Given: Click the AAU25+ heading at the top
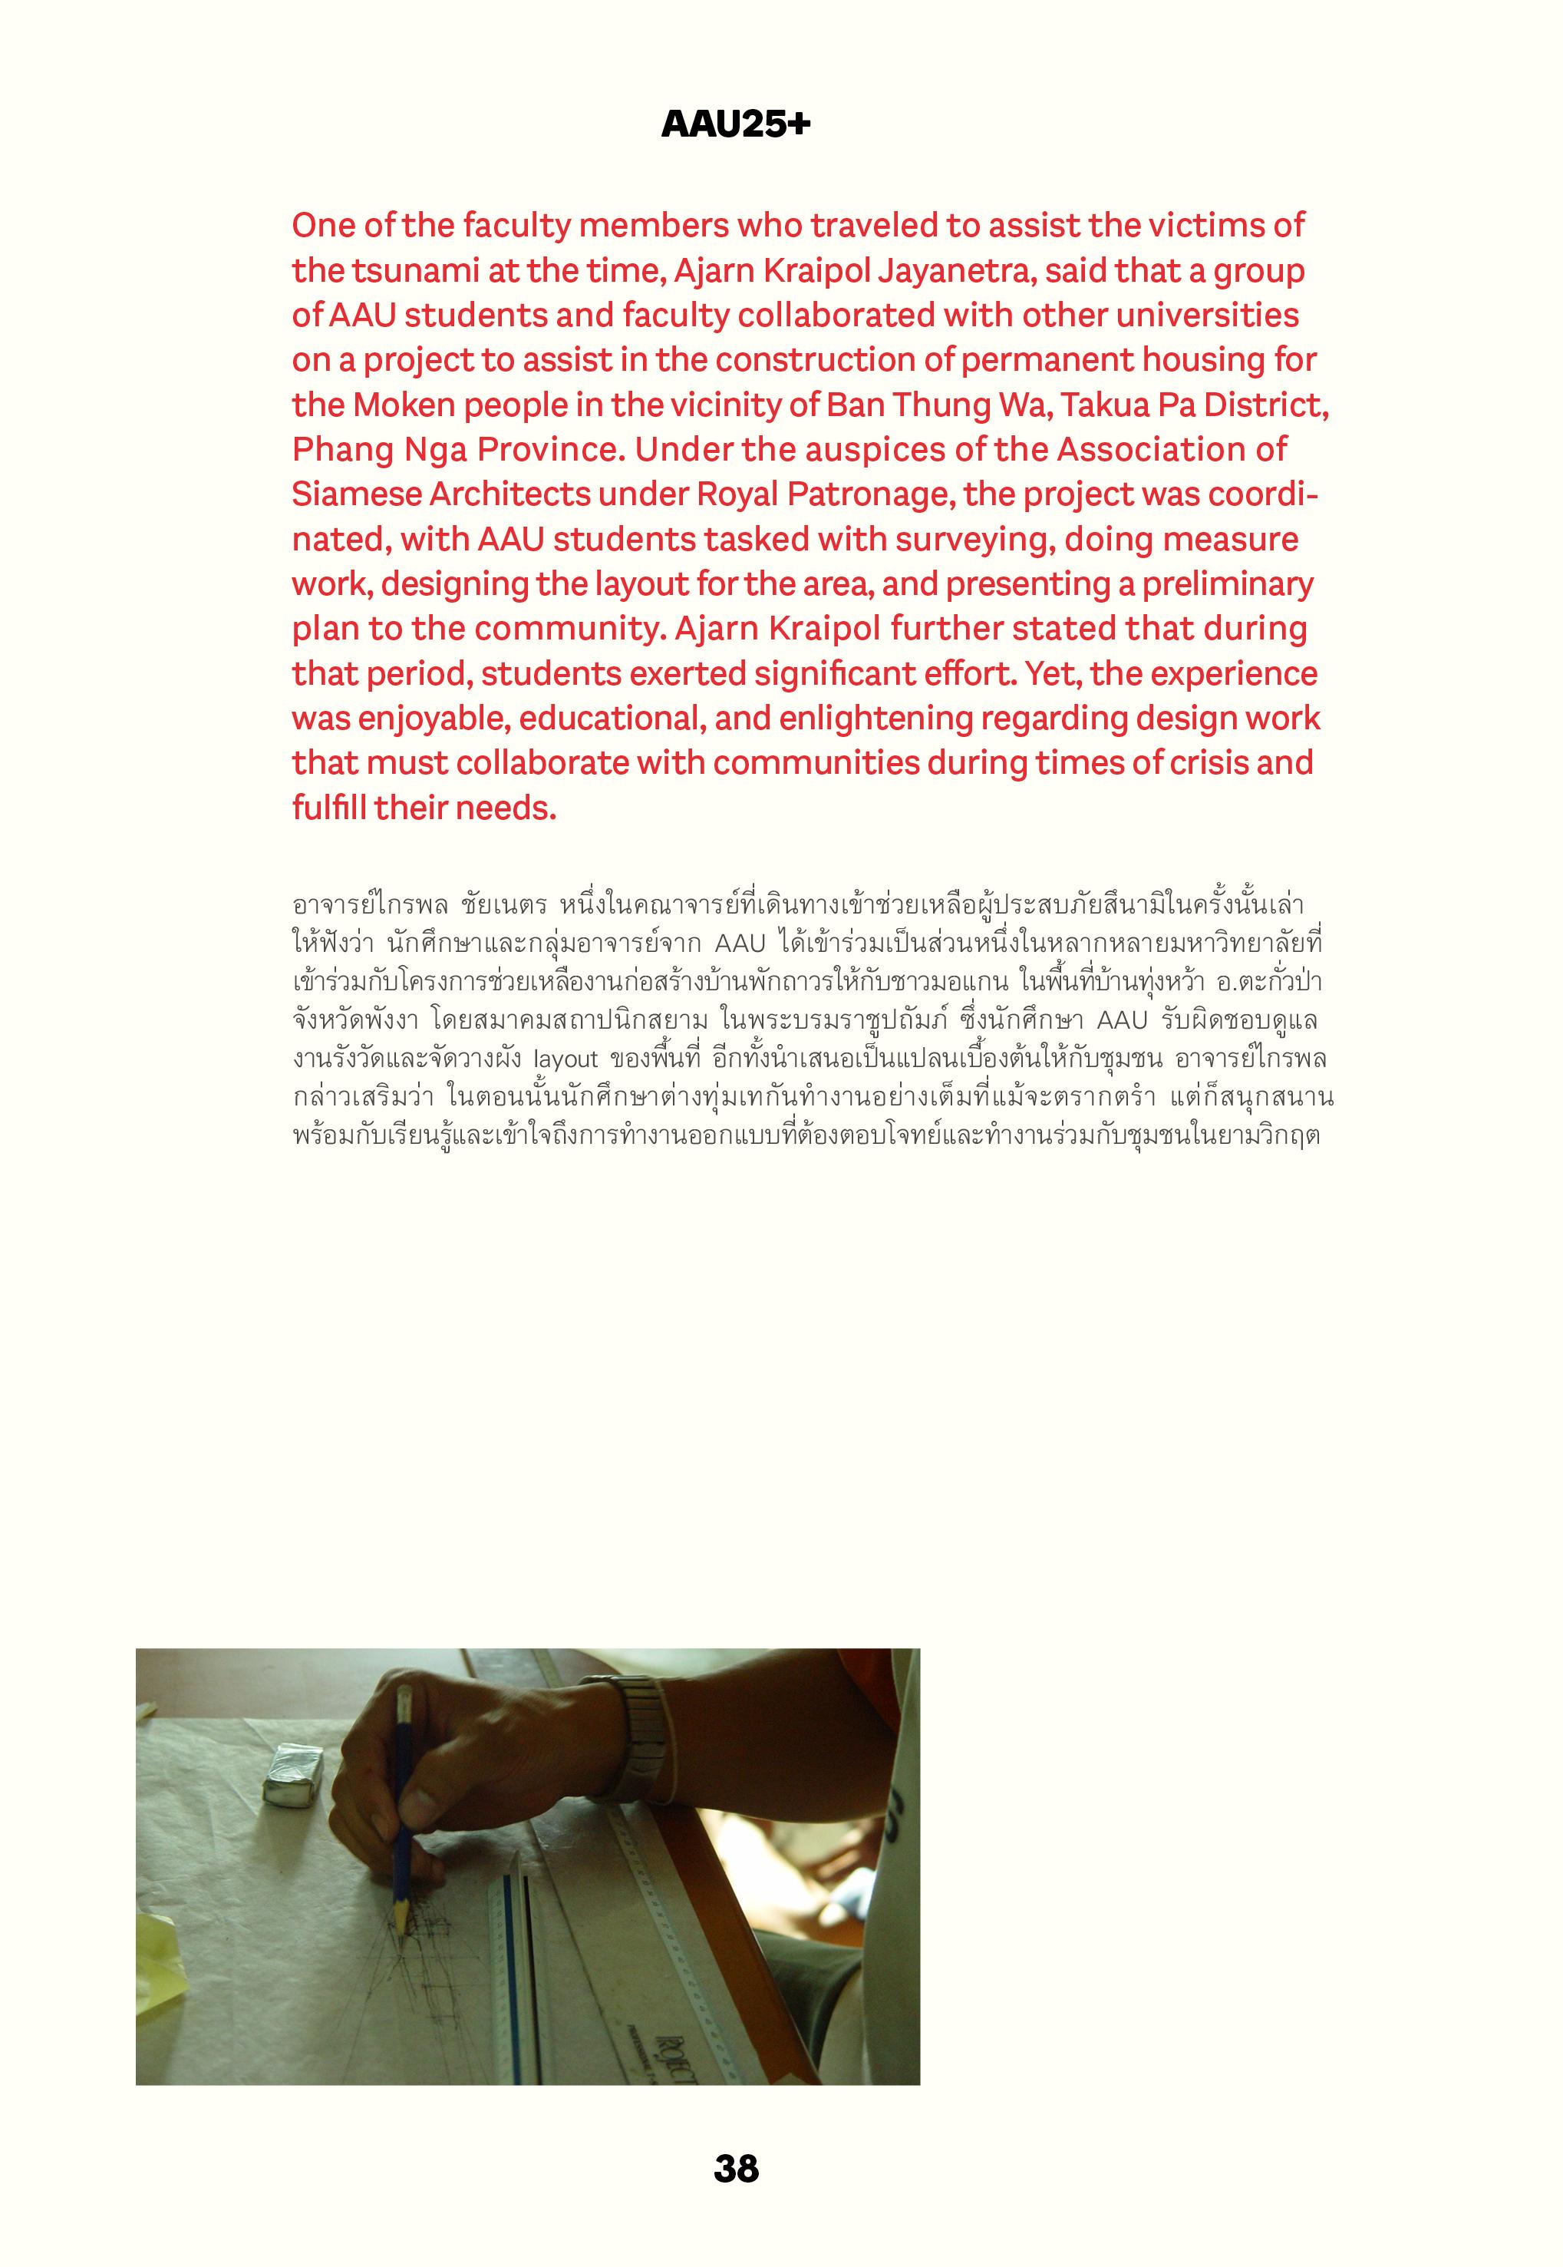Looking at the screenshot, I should pyautogui.click(x=736, y=125).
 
